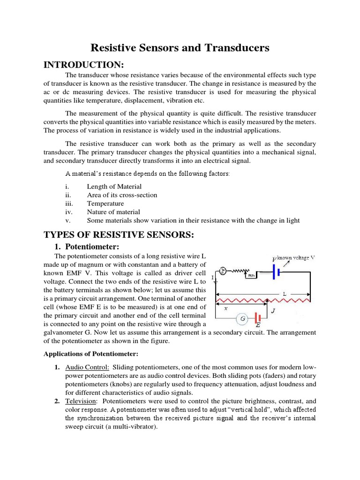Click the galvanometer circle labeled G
pos(243,319)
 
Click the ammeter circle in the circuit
pos(224,270)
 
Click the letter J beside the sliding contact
pos(273,310)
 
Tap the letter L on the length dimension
pos(284,293)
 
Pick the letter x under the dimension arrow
pos(226,309)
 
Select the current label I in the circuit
pos(212,278)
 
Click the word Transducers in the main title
pos(236,47)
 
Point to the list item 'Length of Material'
pos(114,187)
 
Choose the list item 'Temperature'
pos(105,203)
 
